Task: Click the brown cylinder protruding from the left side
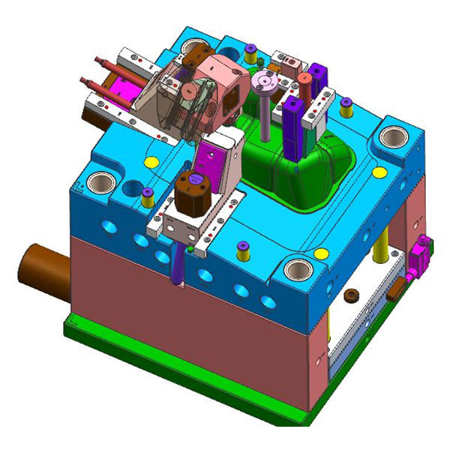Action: point(37,262)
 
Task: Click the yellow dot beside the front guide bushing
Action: point(323,253)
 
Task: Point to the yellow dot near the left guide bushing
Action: point(150,161)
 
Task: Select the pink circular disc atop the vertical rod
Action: point(265,80)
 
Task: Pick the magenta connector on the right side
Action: point(421,251)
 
